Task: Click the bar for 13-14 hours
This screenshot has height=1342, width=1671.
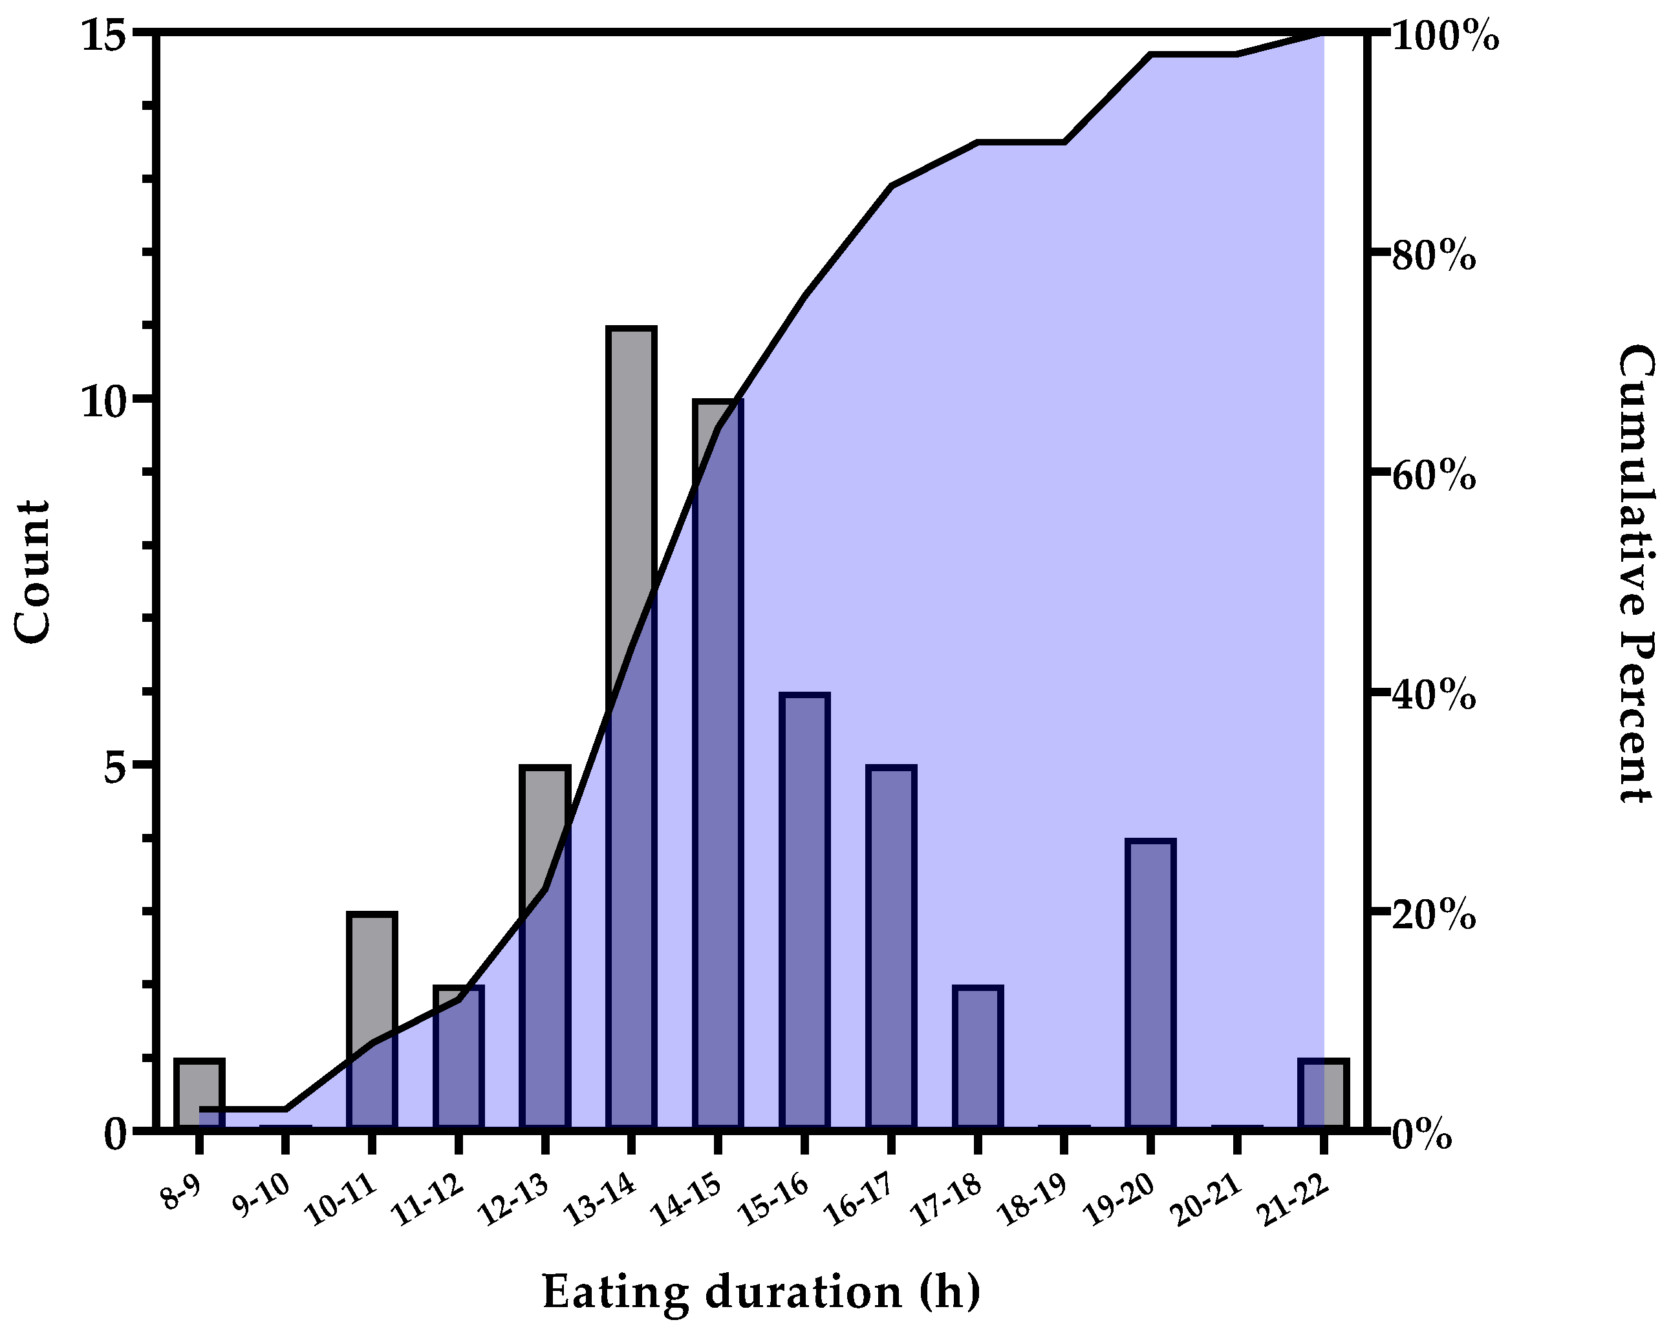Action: [x=632, y=729]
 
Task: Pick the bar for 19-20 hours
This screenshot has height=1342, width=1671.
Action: [x=1150, y=984]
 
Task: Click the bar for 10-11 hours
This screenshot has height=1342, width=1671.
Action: [x=372, y=1021]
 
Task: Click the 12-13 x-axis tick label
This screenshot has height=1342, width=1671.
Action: [x=514, y=1200]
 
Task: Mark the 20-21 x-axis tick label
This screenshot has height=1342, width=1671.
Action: [x=1205, y=1200]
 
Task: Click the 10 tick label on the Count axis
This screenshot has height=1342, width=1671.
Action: [x=103, y=401]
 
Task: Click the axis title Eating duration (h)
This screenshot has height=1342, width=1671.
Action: [x=761, y=1292]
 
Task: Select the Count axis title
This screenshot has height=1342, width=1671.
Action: [x=32, y=572]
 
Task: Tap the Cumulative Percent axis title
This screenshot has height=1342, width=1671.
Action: [x=1637, y=573]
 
